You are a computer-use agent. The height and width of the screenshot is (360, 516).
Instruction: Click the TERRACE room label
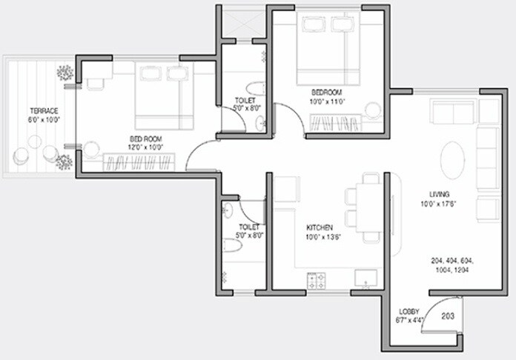[x=44, y=110]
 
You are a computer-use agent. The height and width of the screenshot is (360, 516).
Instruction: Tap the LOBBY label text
[x=409, y=312]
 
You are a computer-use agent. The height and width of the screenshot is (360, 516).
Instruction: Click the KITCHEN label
[x=320, y=227]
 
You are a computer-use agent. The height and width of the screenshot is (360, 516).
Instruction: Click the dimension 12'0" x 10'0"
[x=146, y=146]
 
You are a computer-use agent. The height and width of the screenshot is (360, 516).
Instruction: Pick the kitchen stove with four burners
[x=317, y=281]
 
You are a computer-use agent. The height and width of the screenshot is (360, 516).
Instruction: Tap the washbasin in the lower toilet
[x=228, y=211]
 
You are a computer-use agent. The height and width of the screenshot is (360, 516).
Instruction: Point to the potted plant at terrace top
[x=65, y=73]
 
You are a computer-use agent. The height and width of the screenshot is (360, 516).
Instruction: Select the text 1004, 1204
[x=451, y=270]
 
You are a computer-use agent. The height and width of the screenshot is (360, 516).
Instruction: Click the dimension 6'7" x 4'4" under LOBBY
[x=410, y=320]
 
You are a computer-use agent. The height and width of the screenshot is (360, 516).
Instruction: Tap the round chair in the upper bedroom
[x=373, y=110]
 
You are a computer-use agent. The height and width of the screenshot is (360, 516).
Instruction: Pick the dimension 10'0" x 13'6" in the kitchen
[x=320, y=236]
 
